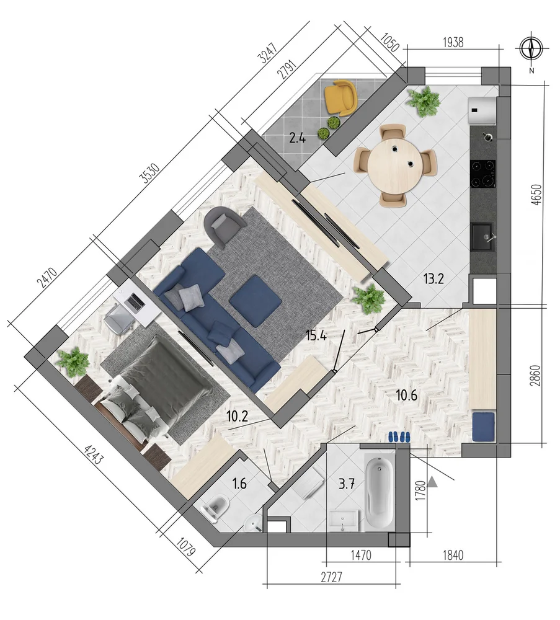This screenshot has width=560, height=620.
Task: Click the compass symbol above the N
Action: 531,49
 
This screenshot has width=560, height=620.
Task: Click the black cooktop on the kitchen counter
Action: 483,174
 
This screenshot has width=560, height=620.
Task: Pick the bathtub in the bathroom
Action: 380,492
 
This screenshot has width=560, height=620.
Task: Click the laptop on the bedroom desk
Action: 135,302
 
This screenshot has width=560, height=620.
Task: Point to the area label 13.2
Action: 434,279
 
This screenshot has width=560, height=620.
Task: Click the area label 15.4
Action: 316,335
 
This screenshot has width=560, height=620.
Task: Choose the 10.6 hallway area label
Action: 407,394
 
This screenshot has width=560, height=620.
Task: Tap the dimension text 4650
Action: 536,194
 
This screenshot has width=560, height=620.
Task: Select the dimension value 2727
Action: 331,577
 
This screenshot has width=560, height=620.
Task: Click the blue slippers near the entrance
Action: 399,436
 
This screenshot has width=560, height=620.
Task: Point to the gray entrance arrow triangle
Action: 433,482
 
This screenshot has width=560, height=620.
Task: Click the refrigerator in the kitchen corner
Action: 482,111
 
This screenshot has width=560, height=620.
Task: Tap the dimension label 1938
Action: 453,42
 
